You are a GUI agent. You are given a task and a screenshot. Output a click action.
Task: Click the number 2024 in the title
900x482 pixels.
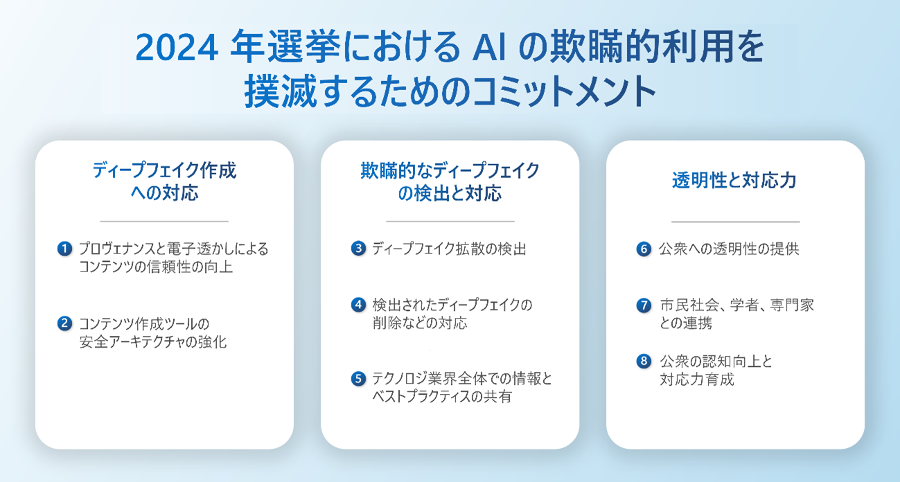tap(177, 47)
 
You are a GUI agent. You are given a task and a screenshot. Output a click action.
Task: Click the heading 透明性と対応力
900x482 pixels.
tap(734, 180)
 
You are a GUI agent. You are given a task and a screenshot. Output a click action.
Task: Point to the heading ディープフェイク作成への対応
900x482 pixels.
tap(164, 181)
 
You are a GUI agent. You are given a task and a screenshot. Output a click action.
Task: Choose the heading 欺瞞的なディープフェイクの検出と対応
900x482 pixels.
tap(450, 181)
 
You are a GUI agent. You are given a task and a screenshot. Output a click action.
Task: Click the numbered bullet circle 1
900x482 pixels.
tap(64, 249)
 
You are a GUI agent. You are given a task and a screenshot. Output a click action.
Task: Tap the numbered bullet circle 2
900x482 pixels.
tap(64, 323)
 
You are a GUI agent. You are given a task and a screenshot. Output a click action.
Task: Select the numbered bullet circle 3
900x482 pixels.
tap(358, 249)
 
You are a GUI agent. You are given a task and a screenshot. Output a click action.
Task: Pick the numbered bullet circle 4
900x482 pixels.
tap(358, 305)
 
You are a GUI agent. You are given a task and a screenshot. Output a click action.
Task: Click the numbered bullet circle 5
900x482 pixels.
tap(358, 379)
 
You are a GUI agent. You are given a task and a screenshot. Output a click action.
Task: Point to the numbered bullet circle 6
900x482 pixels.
tap(644, 249)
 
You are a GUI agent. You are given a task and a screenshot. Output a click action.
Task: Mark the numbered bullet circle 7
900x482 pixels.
tap(644, 305)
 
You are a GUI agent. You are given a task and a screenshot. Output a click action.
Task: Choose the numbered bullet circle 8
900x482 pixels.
tap(644, 361)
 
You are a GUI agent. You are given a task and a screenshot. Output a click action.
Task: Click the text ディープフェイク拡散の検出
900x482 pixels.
tap(449, 249)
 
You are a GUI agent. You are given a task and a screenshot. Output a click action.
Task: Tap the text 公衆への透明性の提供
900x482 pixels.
tap(729, 249)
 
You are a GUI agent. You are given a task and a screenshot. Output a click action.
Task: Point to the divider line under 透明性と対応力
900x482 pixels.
tap(735, 222)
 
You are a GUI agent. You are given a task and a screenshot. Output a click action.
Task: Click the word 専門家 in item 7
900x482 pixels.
tap(792, 305)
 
